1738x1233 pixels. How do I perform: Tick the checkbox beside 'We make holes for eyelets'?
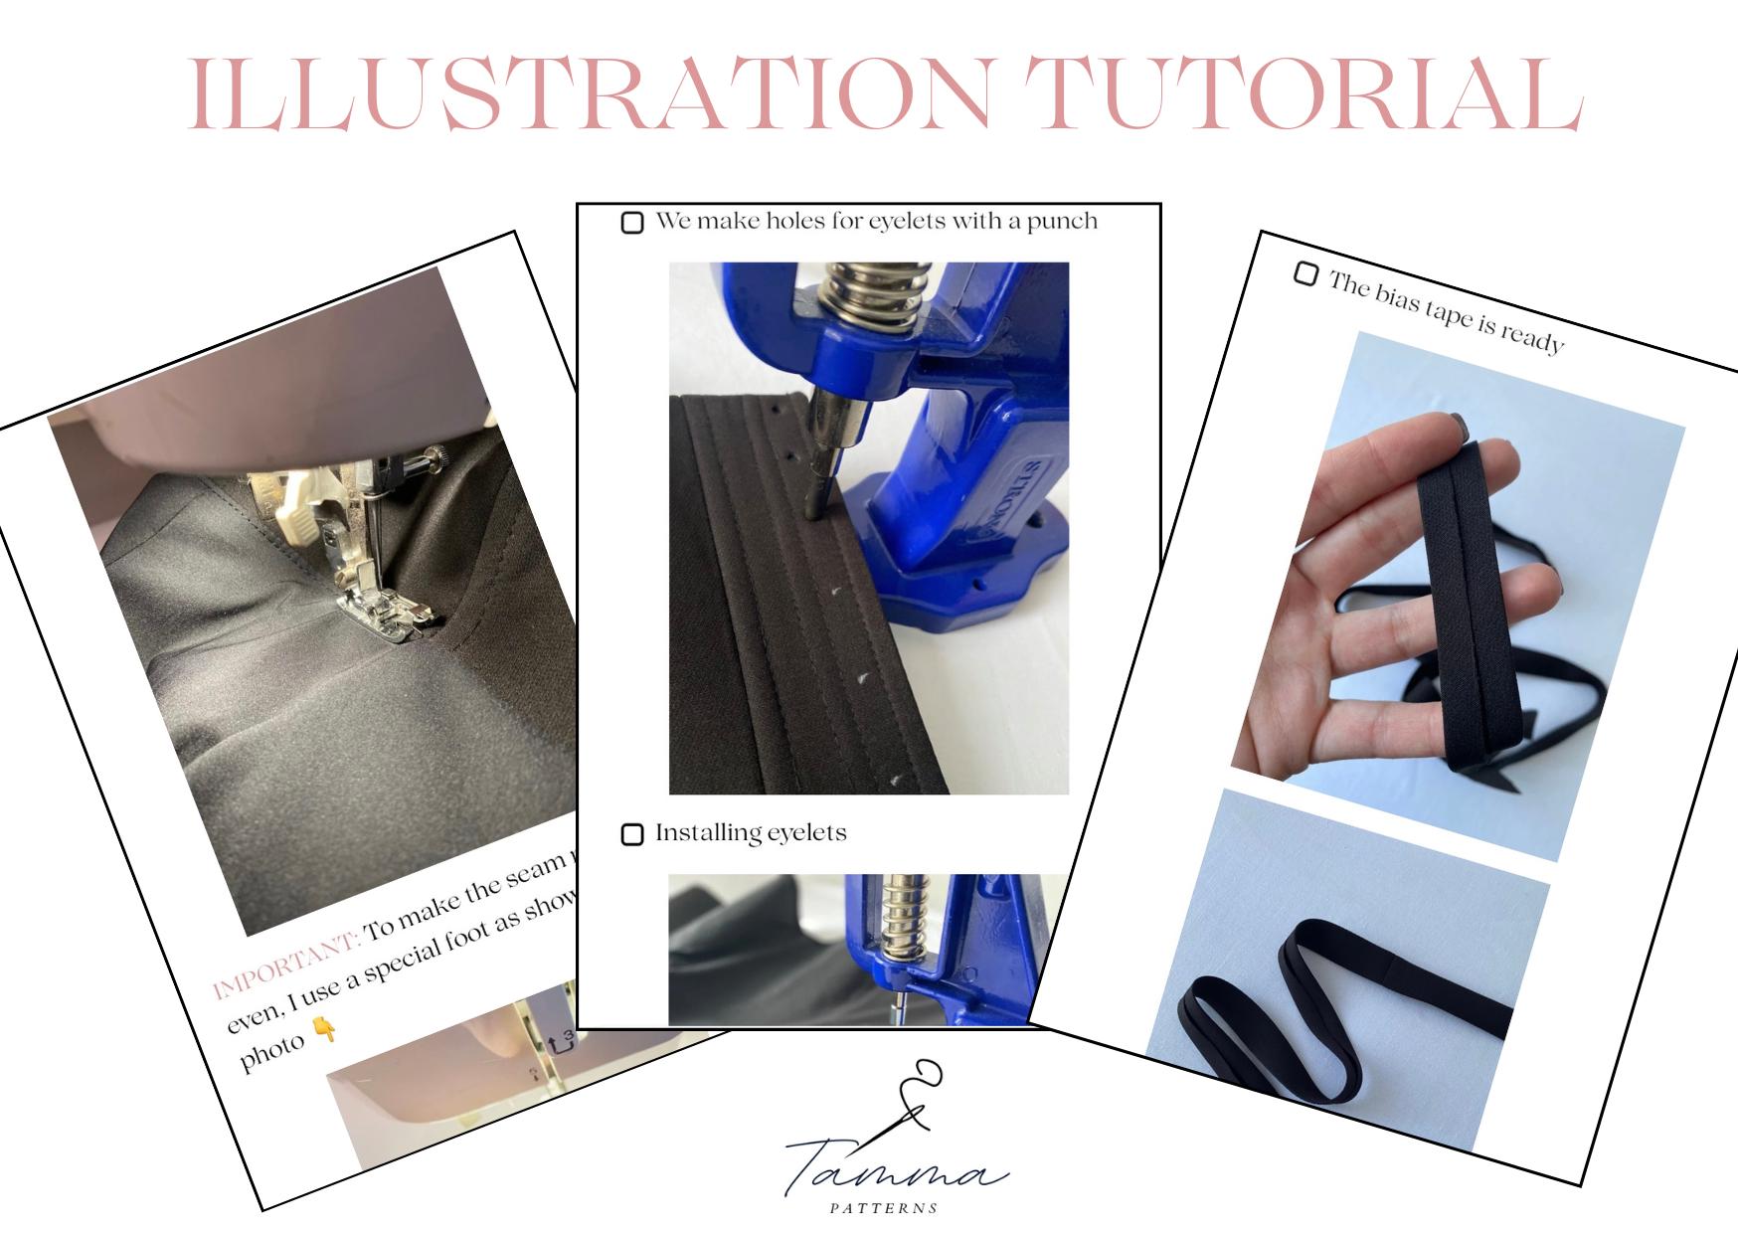point(632,222)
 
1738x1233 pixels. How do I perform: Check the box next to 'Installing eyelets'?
point(632,834)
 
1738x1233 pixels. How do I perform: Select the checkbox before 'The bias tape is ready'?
point(1305,273)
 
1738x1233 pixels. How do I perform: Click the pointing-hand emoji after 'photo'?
point(325,1030)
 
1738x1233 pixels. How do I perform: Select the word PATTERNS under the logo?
point(884,1208)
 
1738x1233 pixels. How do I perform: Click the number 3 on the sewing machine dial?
point(568,1036)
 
